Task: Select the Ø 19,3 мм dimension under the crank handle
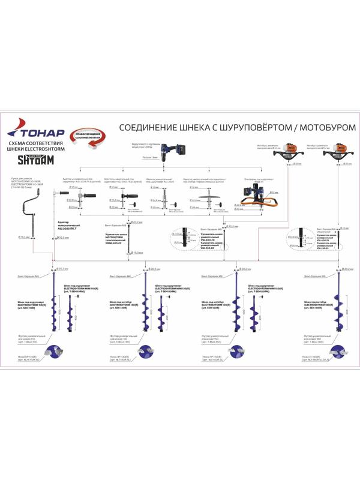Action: tap(26, 238)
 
